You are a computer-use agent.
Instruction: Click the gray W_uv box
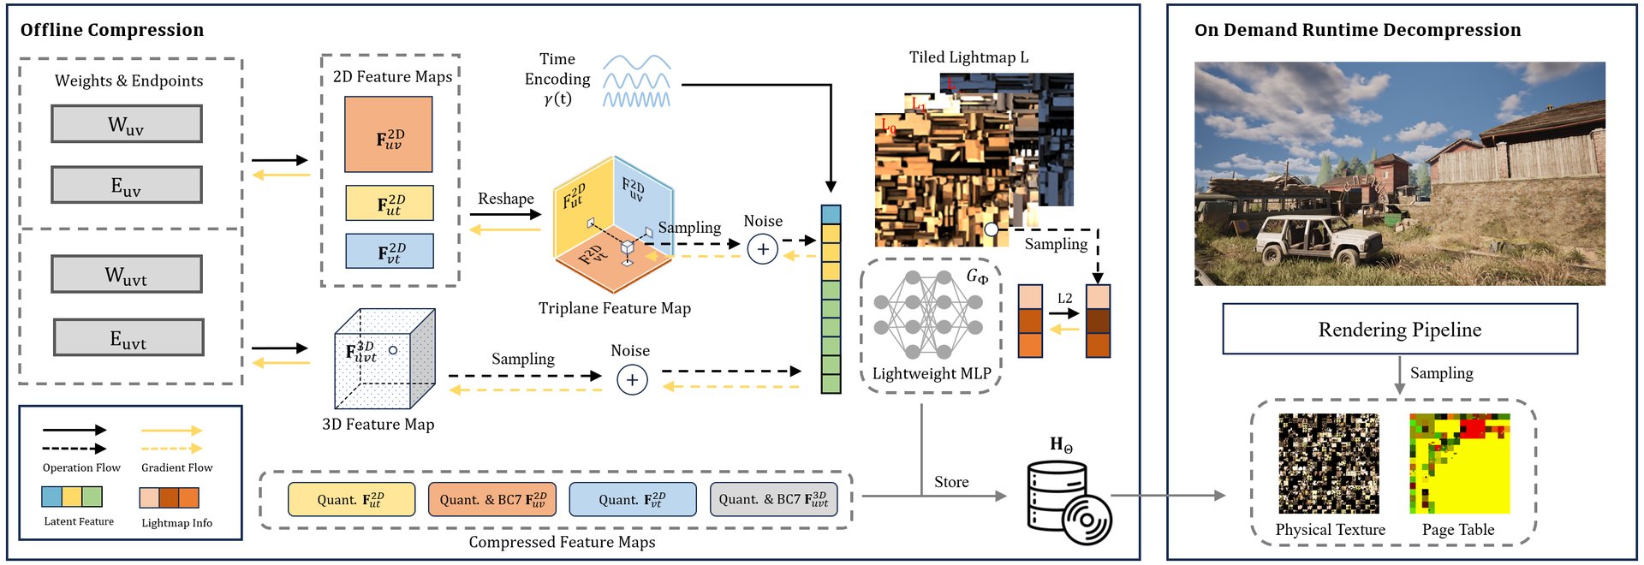pyautogui.click(x=127, y=124)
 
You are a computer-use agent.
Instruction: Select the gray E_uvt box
pyautogui.click(x=128, y=337)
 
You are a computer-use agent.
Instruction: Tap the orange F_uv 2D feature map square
pyautogui.click(x=388, y=134)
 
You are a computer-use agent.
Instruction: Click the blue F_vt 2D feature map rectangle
pyautogui.click(x=390, y=251)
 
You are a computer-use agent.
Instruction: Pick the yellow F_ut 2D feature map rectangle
pyautogui.click(x=390, y=203)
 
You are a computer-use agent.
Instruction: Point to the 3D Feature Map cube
pyautogui.click(x=384, y=359)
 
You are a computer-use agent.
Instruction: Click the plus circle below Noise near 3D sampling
pyautogui.click(x=632, y=380)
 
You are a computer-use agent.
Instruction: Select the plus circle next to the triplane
pyautogui.click(x=762, y=249)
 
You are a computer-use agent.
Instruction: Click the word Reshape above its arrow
pyautogui.click(x=505, y=199)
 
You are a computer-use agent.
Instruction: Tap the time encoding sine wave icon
pyautogui.click(x=636, y=82)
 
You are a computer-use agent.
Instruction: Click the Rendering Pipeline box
pyautogui.click(x=1399, y=329)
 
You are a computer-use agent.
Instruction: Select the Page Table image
pyautogui.click(x=1459, y=463)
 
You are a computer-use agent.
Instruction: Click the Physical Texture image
pyautogui.click(x=1328, y=463)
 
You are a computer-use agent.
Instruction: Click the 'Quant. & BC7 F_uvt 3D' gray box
pyautogui.click(x=773, y=499)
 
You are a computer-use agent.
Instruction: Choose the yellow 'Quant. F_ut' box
pyautogui.click(x=351, y=499)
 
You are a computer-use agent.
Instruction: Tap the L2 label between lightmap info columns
pyautogui.click(x=1064, y=298)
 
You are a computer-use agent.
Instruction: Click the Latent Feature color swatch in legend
pyautogui.click(x=72, y=497)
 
